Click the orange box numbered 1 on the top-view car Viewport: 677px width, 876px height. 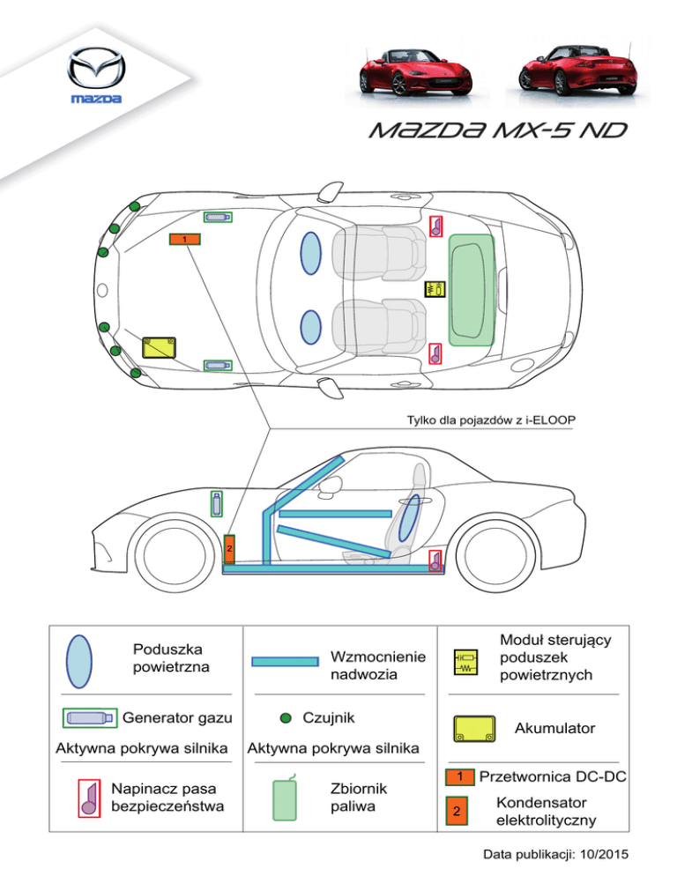[184, 240]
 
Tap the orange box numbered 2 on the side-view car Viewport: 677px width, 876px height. [229, 549]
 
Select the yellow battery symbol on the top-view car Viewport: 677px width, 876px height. [159, 345]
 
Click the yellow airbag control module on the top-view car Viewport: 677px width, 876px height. [434, 288]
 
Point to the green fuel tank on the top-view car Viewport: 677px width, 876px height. [472, 289]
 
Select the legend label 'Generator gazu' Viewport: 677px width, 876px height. [172, 719]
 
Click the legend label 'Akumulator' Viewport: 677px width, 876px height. [554, 729]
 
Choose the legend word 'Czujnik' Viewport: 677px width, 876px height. [329, 717]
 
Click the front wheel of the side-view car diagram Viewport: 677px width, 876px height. [167, 550]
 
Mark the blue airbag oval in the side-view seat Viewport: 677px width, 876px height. [408, 523]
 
